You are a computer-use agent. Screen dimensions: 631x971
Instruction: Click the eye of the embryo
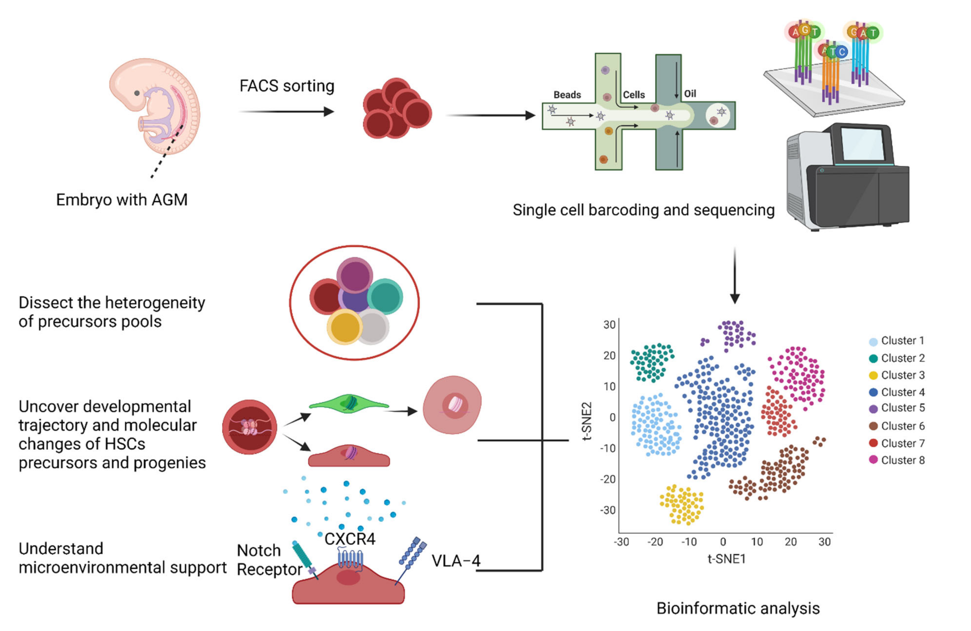(x=137, y=93)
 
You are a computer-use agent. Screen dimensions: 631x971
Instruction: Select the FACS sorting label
(x=287, y=86)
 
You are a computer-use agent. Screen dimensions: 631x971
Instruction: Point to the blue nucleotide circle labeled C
(x=841, y=52)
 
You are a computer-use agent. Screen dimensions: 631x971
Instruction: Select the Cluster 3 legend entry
(x=902, y=375)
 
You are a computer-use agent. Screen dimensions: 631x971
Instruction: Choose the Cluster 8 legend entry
(x=902, y=460)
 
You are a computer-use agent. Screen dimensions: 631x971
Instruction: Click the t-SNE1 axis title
(x=726, y=559)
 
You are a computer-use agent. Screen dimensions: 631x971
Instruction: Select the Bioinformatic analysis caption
(x=738, y=608)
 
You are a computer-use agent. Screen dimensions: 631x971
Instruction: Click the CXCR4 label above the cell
(x=350, y=539)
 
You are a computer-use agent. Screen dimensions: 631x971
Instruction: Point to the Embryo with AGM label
(x=122, y=200)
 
